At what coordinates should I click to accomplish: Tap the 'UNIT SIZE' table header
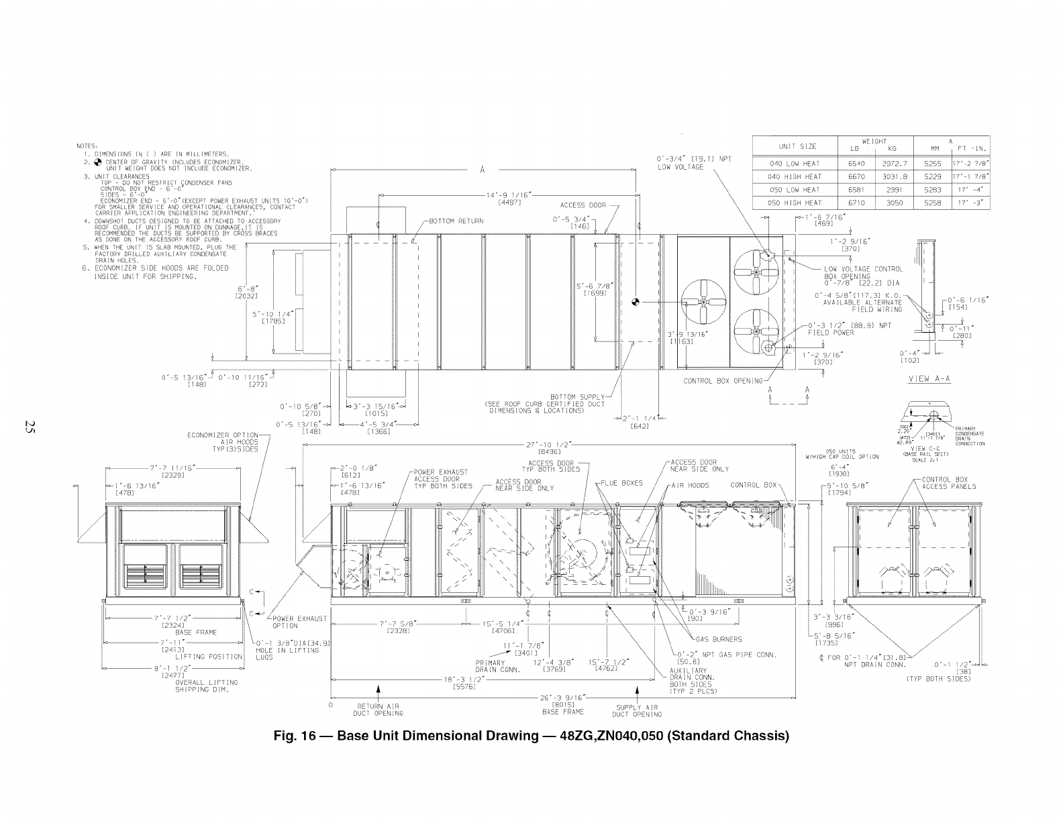pos(797,146)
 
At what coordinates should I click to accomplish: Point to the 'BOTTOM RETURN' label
pos(456,221)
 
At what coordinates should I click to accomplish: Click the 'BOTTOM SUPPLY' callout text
pos(578,396)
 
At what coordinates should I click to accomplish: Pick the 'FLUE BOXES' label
pos(622,482)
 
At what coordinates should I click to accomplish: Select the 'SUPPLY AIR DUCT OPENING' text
pos(637,710)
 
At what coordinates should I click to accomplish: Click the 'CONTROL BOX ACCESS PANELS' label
pos(949,483)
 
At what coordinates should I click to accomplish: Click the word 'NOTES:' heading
pos(87,146)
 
